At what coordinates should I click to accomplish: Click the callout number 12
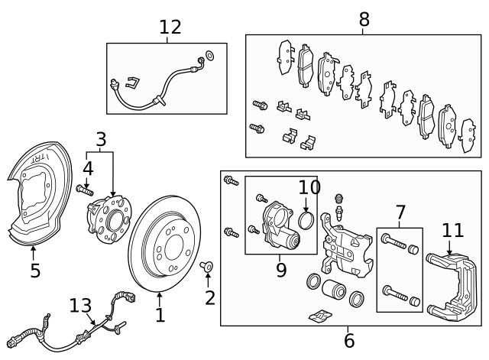point(170,28)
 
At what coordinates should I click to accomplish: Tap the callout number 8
point(364,19)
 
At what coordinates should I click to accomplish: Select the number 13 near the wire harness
point(80,306)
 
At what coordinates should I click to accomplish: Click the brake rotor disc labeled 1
point(164,244)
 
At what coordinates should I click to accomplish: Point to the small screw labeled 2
point(206,266)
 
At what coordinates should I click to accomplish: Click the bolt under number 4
point(85,190)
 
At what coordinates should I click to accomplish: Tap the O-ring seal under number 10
point(306,220)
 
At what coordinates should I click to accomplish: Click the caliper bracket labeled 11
point(452,287)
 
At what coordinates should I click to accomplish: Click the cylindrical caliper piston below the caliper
point(334,289)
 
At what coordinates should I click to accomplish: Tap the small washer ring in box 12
point(210,55)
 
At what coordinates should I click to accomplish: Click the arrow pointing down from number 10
point(306,205)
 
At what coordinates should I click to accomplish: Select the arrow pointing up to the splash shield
point(33,253)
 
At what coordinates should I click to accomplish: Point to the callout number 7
point(400,213)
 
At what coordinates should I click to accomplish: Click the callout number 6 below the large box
point(349,341)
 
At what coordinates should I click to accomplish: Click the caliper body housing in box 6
point(347,245)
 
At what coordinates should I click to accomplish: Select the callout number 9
point(281,270)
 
